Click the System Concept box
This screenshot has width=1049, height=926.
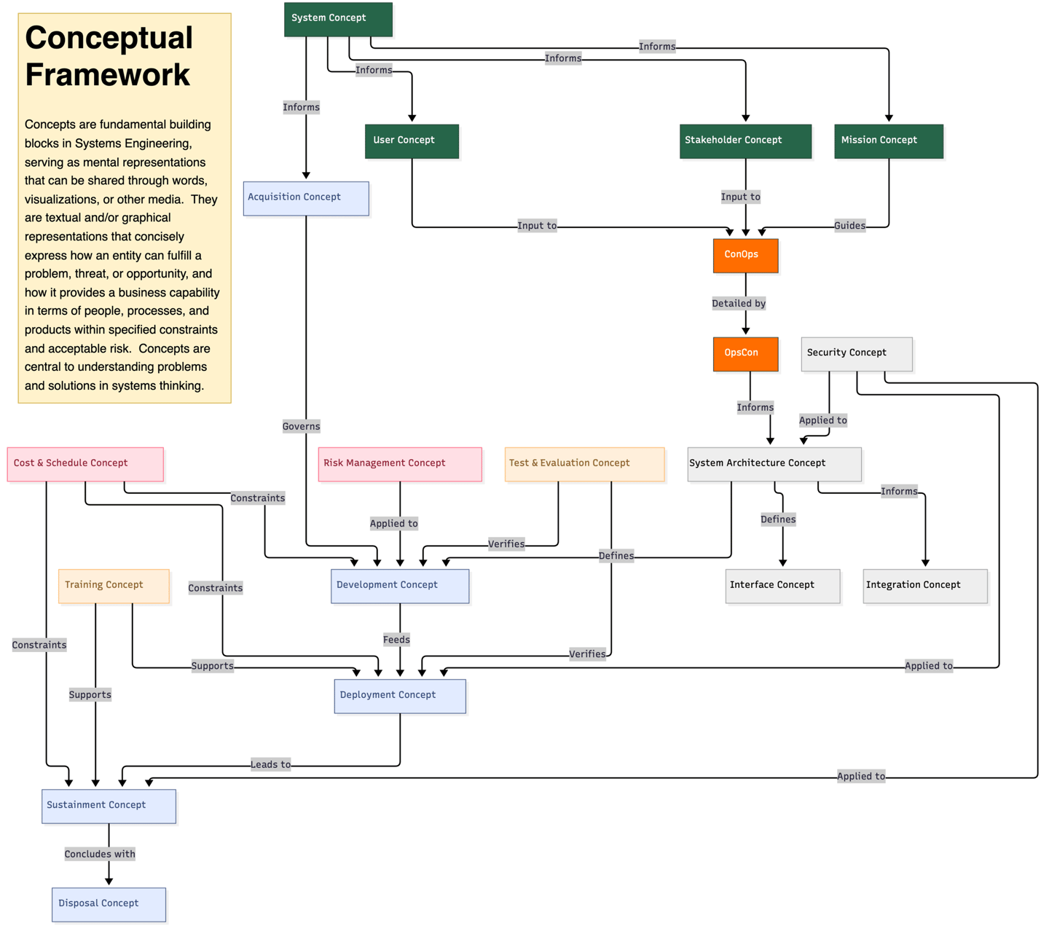point(338,19)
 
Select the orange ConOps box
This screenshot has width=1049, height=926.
point(745,256)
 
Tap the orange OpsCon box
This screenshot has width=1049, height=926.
point(745,354)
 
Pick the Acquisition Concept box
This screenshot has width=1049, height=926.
point(306,198)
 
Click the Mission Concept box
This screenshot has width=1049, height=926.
point(888,141)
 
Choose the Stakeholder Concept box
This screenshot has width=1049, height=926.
point(745,141)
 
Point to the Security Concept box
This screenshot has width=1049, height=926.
point(856,353)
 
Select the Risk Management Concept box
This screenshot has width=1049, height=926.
point(400,464)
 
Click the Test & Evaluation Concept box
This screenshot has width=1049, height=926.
point(584,464)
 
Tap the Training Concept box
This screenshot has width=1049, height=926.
point(114,586)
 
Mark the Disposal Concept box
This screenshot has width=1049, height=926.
point(109,904)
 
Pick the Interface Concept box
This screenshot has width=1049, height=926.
point(782,586)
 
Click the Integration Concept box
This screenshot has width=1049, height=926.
point(924,586)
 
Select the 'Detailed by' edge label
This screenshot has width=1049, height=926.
point(739,303)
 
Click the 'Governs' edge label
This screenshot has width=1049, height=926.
point(301,426)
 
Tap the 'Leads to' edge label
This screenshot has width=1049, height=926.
point(270,764)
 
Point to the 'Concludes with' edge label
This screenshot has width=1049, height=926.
point(100,854)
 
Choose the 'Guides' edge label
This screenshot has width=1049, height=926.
point(849,226)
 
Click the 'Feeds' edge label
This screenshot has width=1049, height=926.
point(396,640)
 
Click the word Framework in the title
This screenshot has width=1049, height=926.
point(108,75)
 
